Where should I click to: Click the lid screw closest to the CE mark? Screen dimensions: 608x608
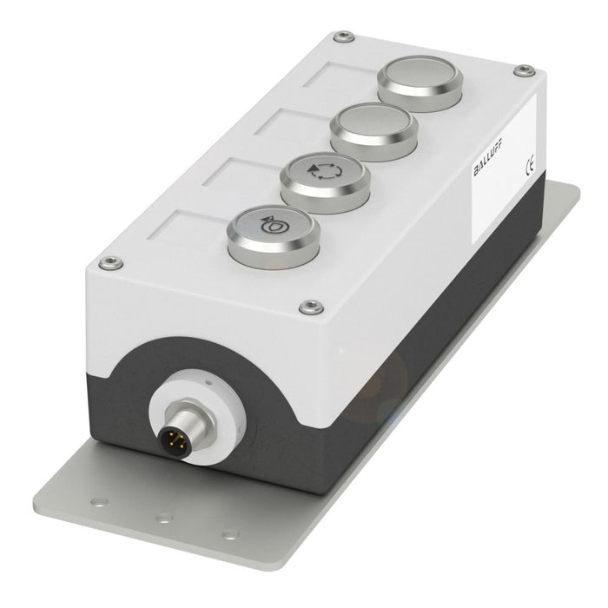(x=524, y=70)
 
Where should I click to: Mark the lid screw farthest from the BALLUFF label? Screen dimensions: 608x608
(x=107, y=263)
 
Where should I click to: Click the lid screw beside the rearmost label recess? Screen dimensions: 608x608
(x=344, y=36)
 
